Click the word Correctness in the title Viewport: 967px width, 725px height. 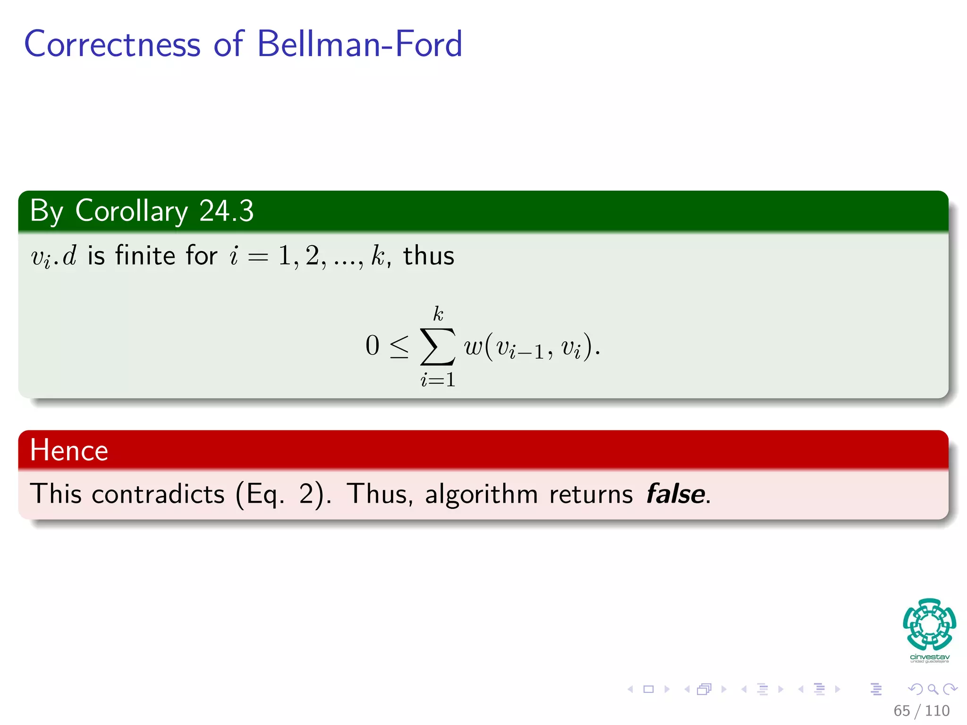[x=112, y=44]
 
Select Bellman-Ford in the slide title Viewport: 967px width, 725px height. [x=359, y=44]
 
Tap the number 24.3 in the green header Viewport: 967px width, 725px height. [x=226, y=211]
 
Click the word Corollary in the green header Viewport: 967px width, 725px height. [x=131, y=211]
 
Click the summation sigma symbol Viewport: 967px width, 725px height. [x=438, y=347]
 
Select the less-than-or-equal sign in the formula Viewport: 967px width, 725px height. [x=399, y=347]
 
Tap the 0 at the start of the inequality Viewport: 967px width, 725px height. [x=372, y=346]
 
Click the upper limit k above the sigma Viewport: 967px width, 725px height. [x=438, y=313]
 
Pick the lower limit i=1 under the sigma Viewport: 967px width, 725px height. [x=438, y=380]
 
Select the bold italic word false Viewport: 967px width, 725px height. [x=675, y=494]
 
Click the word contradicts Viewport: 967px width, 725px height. [x=158, y=494]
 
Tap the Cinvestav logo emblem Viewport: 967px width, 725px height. [x=929, y=624]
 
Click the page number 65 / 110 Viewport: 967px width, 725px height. [x=921, y=710]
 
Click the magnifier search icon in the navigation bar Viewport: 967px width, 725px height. [x=933, y=689]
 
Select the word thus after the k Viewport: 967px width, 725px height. [x=428, y=256]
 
